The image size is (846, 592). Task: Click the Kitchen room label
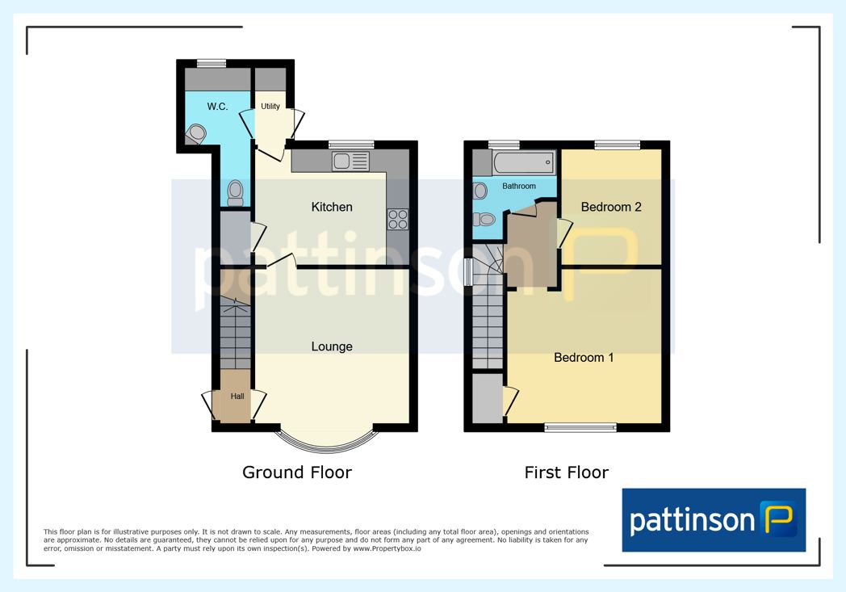click(x=332, y=207)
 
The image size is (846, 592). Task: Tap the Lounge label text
click(x=332, y=346)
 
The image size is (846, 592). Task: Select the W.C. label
click(x=217, y=107)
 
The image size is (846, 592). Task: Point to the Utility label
click(x=270, y=107)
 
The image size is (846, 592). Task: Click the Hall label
click(x=237, y=396)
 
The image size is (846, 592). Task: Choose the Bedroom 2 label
click(x=611, y=207)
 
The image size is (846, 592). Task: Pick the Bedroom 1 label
click(x=584, y=357)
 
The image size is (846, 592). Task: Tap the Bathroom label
click(x=519, y=187)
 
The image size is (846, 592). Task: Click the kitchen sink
click(x=350, y=161)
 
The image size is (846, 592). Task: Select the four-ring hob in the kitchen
click(x=398, y=220)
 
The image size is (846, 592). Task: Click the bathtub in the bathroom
click(x=523, y=162)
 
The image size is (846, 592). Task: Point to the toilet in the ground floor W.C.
click(x=235, y=193)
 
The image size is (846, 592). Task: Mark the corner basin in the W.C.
click(x=196, y=134)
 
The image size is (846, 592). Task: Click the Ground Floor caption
click(x=297, y=472)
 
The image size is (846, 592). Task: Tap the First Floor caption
click(x=567, y=472)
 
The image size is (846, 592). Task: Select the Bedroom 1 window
click(x=580, y=428)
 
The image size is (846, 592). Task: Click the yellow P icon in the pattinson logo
click(x=778, y=519)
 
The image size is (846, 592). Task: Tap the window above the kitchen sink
click(x=351, y=144)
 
